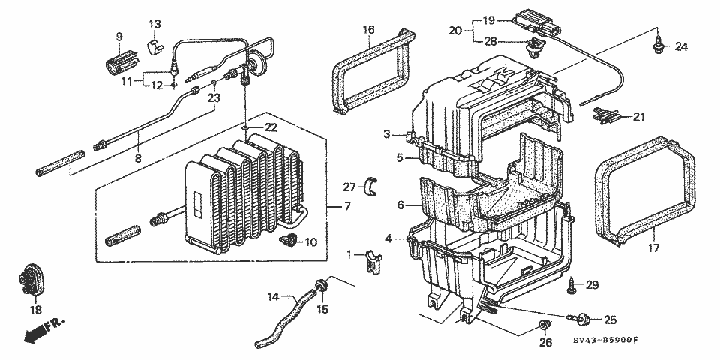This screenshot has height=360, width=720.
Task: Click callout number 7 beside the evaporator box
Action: pyautogui.click(x=347, y=205)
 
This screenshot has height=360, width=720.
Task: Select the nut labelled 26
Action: pyautogui.click(x=545, y=325)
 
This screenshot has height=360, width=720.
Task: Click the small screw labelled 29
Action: pyautogui.click(x=574, y=284)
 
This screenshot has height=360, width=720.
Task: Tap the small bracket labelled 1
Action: pyautogui.click(x=371, y=264)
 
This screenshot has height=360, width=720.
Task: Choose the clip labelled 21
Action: pyautogui.click(x=608, y=115)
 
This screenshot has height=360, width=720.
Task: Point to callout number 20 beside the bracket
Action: pyautogui.click(x=453, y=31)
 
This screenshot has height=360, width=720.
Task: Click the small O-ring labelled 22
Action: pyautogui.click(x=245, y=128)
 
